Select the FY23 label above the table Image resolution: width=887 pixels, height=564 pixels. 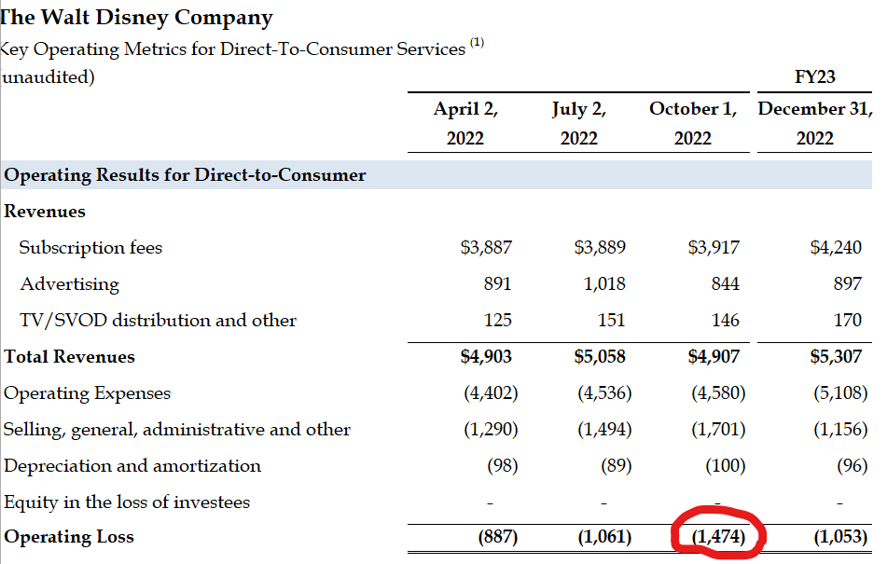(x=814, y=76)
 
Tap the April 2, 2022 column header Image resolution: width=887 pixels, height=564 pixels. (x=466, y=123)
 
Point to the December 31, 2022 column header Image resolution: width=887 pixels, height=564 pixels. (x=814, y=123)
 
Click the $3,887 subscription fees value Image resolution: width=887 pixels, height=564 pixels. (x=486, y=247)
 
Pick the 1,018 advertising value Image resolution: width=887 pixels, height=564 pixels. (x=604, y=283)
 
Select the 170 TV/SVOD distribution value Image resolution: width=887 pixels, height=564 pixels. (x=847, y=320)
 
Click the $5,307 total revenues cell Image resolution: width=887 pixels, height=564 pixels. (x=837, y=356)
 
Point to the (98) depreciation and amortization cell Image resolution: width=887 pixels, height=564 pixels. (x=502, y=465)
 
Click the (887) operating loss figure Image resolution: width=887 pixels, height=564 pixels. (x=497, y=537)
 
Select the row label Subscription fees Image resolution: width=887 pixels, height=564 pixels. (x=90, y=247)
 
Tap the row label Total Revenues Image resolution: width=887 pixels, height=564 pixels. (x=69, y=356)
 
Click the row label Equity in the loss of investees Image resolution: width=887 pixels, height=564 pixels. (x=127, y=502)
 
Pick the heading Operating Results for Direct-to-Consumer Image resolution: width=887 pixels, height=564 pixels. (x=185, y=174)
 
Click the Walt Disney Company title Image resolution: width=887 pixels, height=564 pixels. (x=138, y=17)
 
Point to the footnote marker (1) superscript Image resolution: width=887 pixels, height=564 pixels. (x=477, y=43)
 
